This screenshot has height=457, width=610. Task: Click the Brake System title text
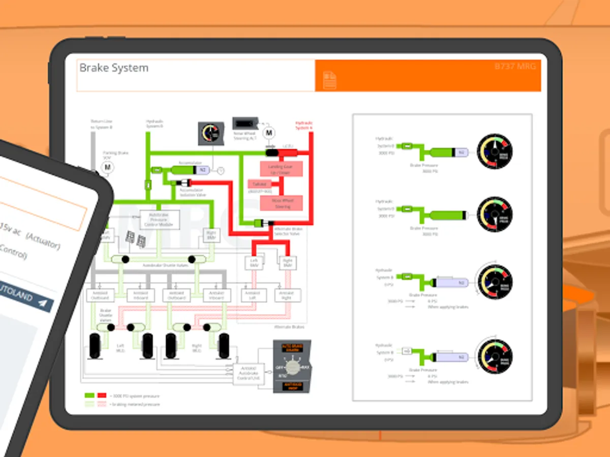click(x=114, y=68)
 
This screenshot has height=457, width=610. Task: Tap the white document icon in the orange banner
click(x=330, y=80)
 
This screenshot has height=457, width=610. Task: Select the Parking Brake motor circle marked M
click(x=107, y=167)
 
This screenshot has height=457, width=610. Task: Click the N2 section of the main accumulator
click(x=203, y=170)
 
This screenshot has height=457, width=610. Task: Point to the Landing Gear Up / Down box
click(x=282, y=169)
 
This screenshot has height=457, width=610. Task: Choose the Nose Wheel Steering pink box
click(x=282, y=203)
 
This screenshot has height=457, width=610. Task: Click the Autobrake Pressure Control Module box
click(x=160, y=219)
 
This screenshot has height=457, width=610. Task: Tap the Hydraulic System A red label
click(x=304, y=125)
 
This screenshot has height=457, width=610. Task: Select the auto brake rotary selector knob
click(x=291, y=367)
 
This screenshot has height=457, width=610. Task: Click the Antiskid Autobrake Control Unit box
click(x=248, y=374)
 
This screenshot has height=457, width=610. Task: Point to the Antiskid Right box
click(x=287, y=295)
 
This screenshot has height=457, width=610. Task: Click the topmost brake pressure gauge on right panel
click(x=495, y=151)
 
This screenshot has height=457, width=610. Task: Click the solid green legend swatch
click(x=89, y=395)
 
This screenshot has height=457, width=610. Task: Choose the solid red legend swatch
click(x=102, y=395)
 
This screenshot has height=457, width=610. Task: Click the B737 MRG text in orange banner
click(x=515, y=67)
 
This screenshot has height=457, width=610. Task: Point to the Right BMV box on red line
click(x=287, y=263)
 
